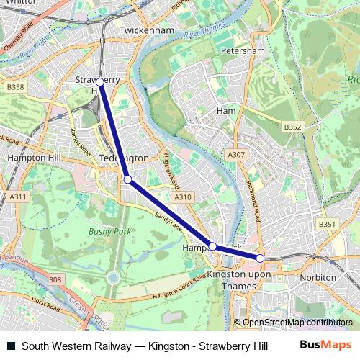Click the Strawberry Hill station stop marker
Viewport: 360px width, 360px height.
point(99,82)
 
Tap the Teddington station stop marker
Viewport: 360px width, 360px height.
point(127,179)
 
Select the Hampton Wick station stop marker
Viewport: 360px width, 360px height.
point(212,246)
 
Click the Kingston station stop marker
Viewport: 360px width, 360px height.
point(260,258)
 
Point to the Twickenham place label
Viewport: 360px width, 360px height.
point(148,31)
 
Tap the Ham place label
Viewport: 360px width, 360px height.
point(226,111)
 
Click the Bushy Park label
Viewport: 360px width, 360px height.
point(107,231)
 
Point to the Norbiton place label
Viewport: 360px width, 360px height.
point(318,277)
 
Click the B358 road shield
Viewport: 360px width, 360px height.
point(15,87)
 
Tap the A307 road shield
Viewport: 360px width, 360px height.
point(235,154)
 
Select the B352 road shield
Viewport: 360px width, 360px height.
point(292,127)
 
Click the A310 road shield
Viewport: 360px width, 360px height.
point(183,197)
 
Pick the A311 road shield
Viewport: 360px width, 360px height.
point(18,197)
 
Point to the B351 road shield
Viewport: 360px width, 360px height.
point(328,224)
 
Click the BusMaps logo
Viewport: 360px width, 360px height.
point(325,345)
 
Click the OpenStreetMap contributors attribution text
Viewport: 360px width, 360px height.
point(297,323)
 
